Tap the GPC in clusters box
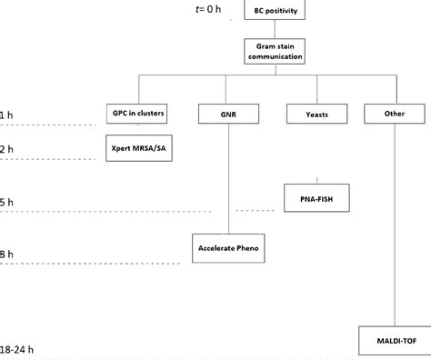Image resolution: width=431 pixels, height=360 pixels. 137,114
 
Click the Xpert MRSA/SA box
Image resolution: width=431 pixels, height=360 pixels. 137,147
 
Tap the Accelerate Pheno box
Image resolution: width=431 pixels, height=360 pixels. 231,246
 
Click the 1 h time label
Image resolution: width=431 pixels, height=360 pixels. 8,115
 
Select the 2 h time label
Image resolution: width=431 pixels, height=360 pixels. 8,148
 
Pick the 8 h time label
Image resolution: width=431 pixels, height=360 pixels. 8,255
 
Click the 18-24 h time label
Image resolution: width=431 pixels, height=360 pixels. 19,348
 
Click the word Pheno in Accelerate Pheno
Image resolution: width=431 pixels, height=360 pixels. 250,246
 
